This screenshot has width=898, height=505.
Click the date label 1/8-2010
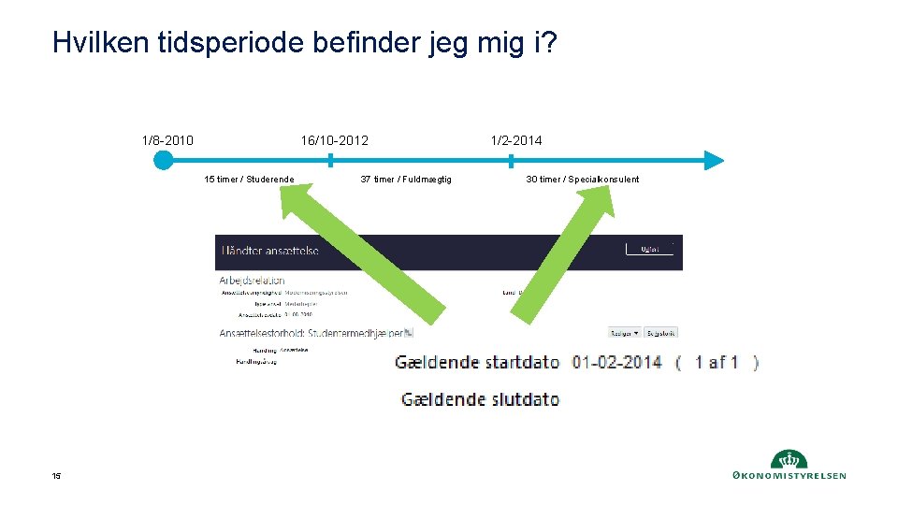point(167,140)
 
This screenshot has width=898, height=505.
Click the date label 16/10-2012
point(334,140)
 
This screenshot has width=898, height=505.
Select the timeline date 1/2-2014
point(516,140)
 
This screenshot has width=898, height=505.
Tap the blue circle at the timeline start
point(164,160)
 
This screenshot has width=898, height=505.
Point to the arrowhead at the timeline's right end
point(714,160)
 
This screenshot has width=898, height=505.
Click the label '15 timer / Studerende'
point(249,180)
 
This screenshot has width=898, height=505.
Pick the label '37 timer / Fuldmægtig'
point(406,180)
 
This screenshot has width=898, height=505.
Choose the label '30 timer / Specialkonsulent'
point(583,180)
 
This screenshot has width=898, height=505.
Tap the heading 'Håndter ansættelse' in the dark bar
point(270,251)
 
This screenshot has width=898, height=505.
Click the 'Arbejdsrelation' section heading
point(252,280)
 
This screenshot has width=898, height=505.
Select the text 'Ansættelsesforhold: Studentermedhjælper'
point(313,332)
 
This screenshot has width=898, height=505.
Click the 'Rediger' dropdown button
point(624,332)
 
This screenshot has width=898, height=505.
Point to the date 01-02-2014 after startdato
point(617,362)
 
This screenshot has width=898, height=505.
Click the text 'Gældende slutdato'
point(481,399)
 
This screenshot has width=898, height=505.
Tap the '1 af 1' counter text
point(717,362)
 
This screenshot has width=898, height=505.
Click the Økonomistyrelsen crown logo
point(789,459)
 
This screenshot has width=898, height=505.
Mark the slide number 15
point(57,477)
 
